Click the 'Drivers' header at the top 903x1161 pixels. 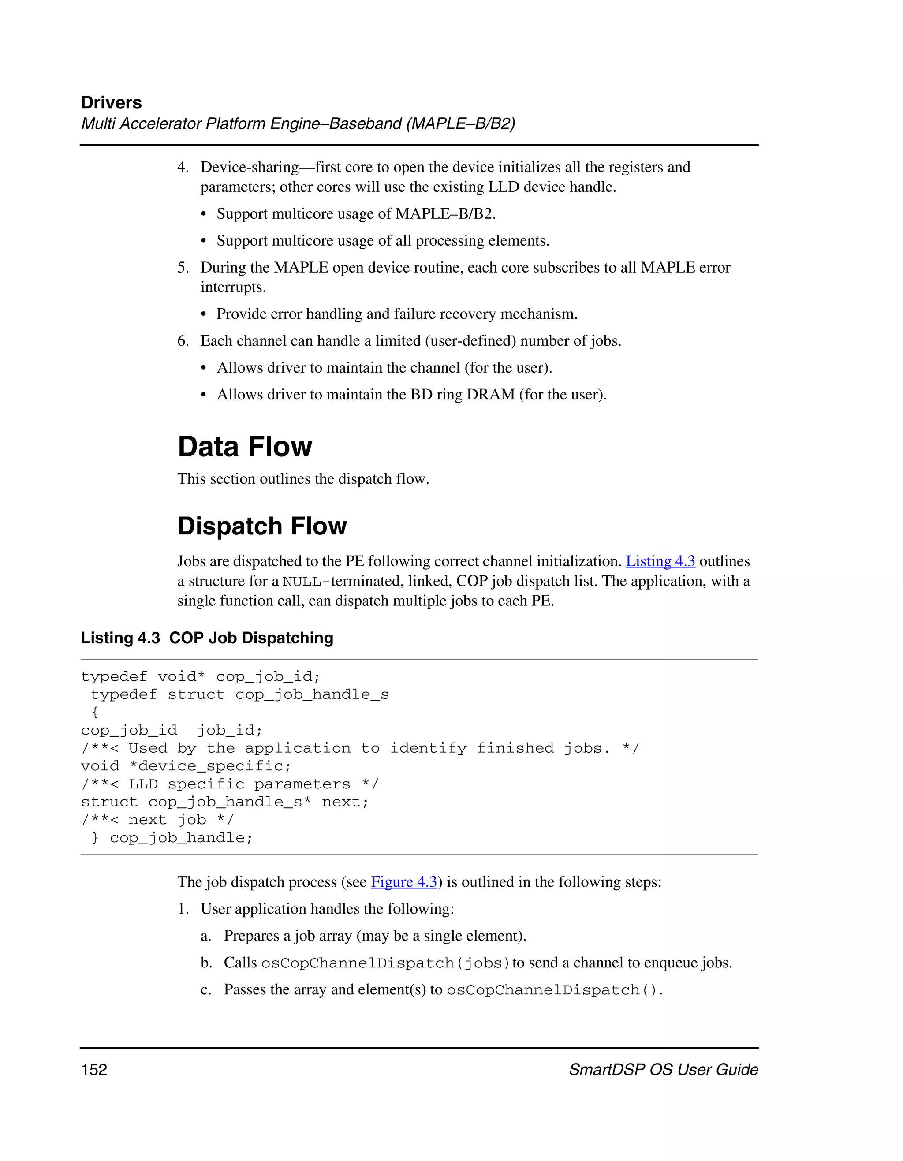(111, 103)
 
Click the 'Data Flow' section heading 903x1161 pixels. (245, 447)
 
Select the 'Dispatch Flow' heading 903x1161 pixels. (262, 526)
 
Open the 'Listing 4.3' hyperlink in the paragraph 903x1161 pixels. (660, 561)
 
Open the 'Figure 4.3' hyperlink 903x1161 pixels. (404, 882)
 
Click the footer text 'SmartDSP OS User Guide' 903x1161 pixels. (663, 1070)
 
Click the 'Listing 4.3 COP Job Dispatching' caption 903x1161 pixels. (207, 638)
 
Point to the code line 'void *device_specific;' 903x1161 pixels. (186, 766)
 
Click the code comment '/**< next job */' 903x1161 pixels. (157, 820)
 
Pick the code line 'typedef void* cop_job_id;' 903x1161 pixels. (200, 677)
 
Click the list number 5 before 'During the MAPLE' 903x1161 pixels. (183, 267)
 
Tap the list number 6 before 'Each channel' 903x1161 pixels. (183, 341)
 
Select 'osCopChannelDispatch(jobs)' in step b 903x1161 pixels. (385, 963)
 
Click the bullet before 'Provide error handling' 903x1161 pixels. (204, 314)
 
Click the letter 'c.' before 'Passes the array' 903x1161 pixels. (206, 990)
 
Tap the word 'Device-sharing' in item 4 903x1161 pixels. (249, 168)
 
